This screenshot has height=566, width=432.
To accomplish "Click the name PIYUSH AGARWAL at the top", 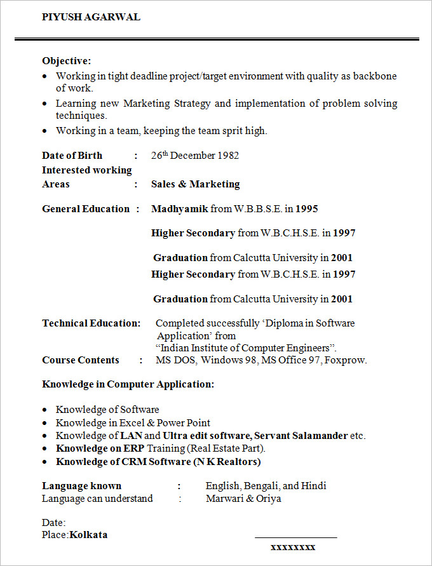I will (x=91, y=17).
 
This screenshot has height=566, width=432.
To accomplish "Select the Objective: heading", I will (x=67, y=61).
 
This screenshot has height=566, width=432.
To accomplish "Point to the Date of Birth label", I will (x=72, y=156).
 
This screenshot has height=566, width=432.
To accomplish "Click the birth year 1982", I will (x=228, y=156).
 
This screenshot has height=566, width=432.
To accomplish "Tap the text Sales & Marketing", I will (x=195, y=184).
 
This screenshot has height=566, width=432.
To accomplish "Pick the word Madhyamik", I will (x=179, y=209).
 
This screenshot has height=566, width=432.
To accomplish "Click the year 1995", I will (x=307, y=209).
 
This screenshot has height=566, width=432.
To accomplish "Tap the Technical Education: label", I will (x=91, y=323).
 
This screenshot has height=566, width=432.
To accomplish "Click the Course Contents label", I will (x=81, y=360).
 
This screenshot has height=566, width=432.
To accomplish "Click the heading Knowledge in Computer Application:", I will (x=128, y=384).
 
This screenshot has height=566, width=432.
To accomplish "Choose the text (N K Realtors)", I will (x=227, y=462).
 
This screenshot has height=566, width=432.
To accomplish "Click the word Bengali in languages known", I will (x=260, y=486).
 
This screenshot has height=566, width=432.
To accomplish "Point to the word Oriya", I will (x=268, y=499).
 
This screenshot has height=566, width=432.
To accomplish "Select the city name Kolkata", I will (x=88, y=535).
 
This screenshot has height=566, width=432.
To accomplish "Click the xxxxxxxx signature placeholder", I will (x=293, y=547).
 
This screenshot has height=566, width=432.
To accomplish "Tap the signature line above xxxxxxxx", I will (x=295, y=538).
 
